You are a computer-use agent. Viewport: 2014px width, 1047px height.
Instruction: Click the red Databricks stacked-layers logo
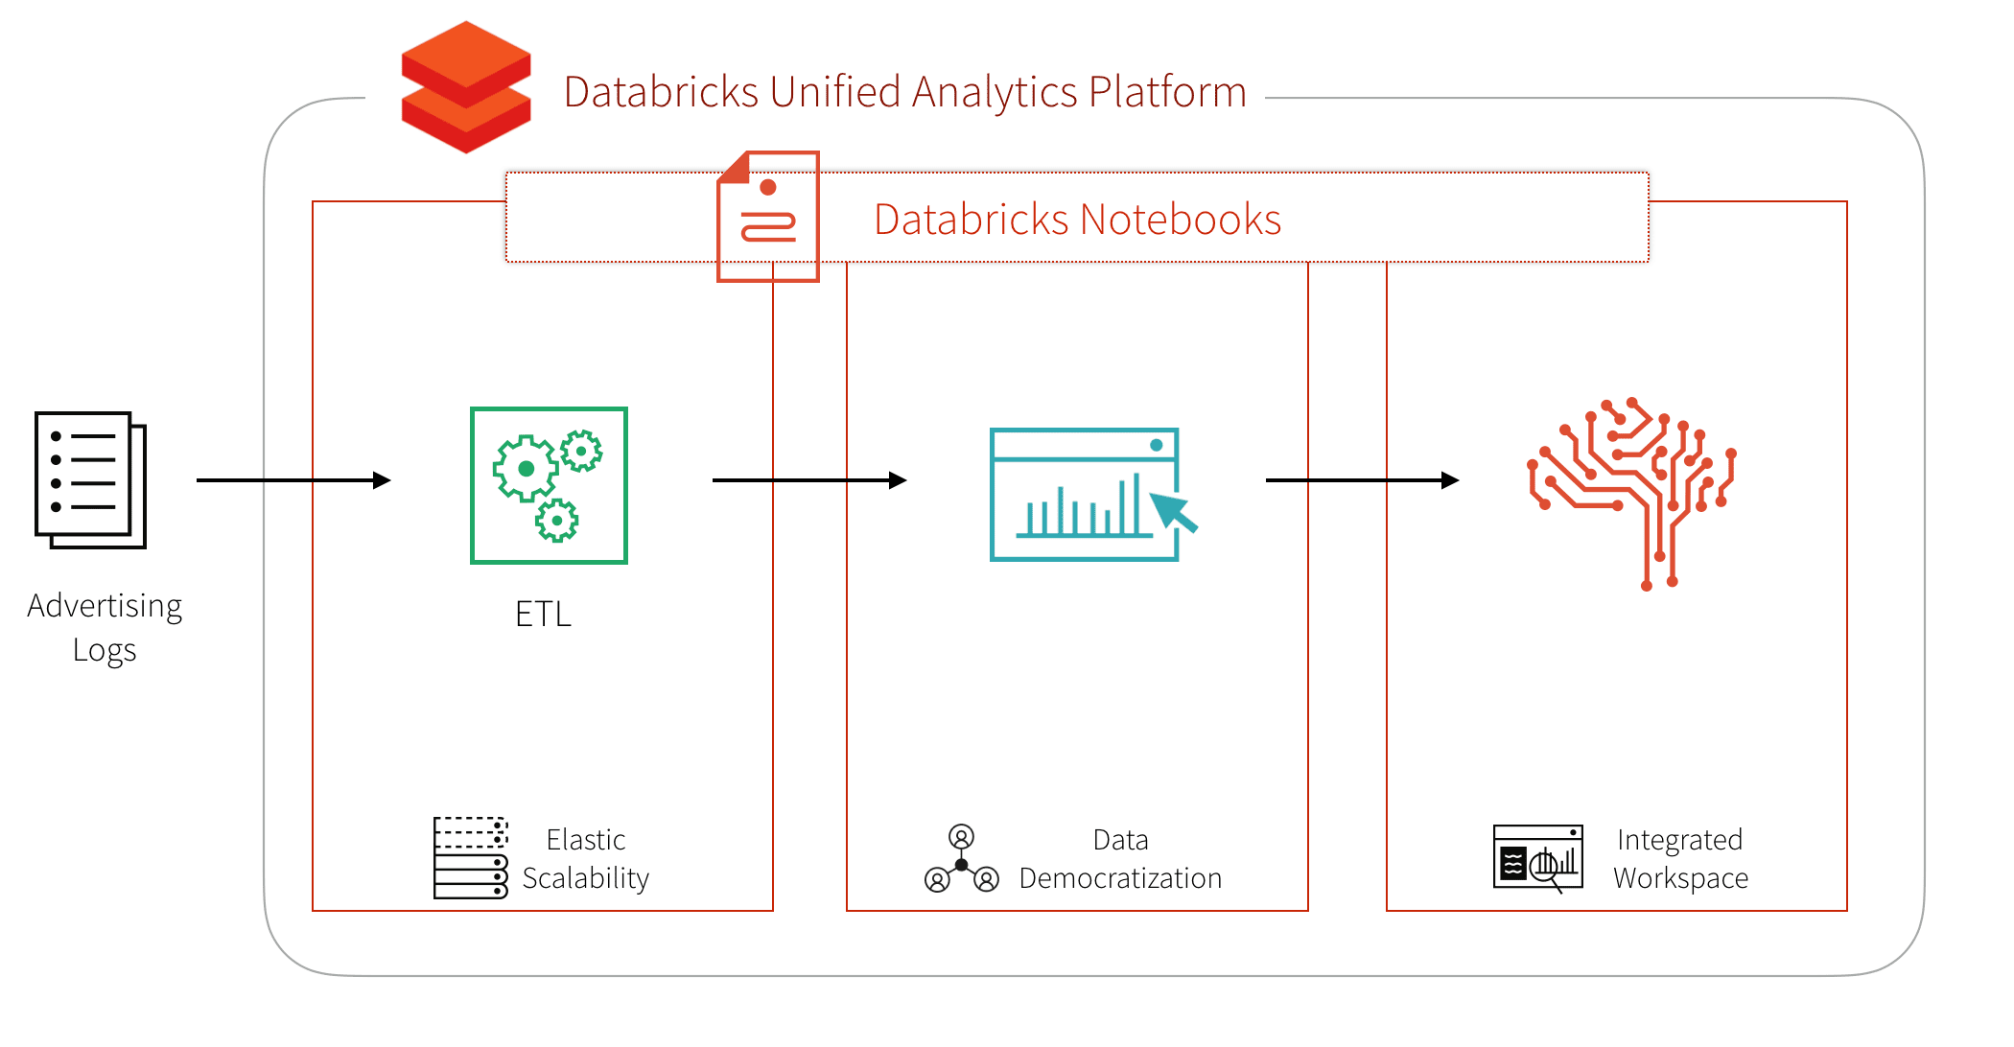point(466,87)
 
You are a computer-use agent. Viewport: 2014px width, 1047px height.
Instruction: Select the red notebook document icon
point(768,217)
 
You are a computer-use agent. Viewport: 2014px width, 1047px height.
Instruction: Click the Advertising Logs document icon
point(90,479)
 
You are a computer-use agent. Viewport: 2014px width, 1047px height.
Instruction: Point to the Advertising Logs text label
point(105,627)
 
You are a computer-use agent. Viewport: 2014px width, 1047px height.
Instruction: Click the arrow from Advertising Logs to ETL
point(293,479)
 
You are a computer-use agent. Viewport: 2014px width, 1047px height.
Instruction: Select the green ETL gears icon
point(549,485)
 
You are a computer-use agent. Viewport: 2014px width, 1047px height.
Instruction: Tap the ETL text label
point(543,615)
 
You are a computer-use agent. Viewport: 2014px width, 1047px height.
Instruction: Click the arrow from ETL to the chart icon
point(808,479)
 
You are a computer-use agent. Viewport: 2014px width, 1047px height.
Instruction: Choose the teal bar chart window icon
point(1084,494)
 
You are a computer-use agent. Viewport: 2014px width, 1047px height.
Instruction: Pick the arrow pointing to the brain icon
point(1362,479)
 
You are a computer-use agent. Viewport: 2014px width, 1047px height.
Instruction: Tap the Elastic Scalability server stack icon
point(470,857)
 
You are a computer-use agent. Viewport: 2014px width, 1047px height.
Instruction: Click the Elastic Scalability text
point(585,859)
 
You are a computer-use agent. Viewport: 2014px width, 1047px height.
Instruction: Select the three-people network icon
point(961,859)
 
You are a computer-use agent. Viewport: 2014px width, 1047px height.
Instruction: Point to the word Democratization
point(1120,878)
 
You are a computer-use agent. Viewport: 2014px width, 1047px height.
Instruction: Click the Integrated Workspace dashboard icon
point(1538,857)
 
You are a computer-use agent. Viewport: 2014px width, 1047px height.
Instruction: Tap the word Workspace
point(1680,878)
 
